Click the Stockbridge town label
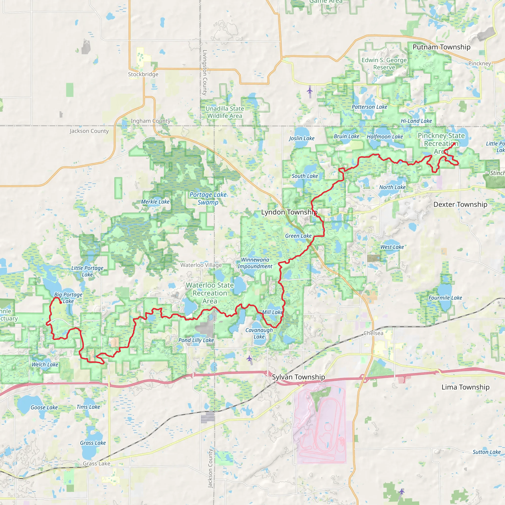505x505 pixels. point(143,74)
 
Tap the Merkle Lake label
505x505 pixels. point(155,201)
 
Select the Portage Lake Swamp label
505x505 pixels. point(208,198)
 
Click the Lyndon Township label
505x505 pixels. point(289,212)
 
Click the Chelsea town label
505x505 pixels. point(373,333)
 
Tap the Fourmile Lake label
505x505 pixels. point(445,298)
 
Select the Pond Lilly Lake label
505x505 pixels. point(196,340)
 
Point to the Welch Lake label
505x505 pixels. point(45,365)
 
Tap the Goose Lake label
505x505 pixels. point(44,408)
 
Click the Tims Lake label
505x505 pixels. point(88,407)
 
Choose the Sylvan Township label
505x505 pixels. point(298,377)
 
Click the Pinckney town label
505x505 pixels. point(479,64)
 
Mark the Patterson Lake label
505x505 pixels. point(369,107)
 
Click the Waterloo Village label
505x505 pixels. point(201,265)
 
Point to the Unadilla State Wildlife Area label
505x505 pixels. point(225,112)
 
